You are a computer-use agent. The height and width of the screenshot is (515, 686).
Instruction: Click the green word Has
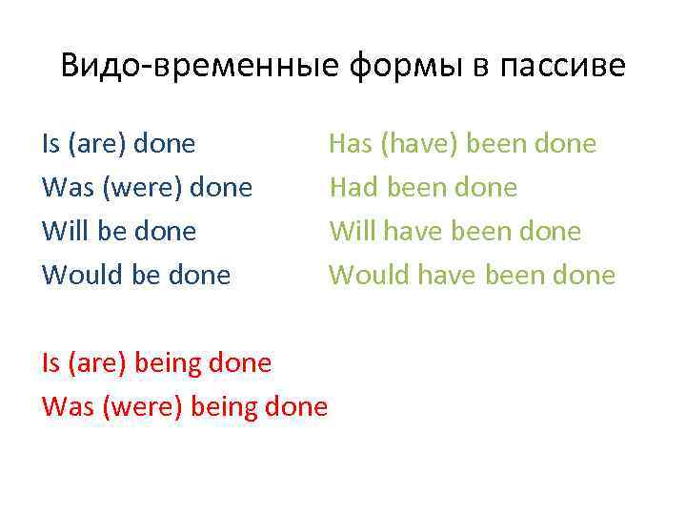(x=350, y=144)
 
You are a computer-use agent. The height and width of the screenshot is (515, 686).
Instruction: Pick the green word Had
(x=351, y=188)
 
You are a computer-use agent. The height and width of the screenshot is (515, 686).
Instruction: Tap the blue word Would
(x=75, y=276)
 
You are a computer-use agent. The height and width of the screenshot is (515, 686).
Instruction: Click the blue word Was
(x=64, y=188)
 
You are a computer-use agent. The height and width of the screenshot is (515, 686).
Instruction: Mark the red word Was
(x=64, y=407)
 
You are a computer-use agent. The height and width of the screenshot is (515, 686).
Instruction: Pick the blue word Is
(x=50, y=144)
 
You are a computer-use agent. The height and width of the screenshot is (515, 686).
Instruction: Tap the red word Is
(x=50, y=363)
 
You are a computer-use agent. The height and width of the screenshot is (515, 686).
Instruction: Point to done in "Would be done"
(x=198, y=276)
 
